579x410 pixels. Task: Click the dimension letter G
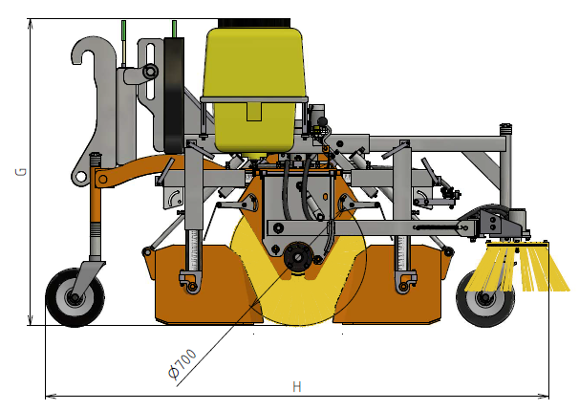pyautogui.click(x=21, y=172)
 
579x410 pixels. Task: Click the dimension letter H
pyautogui.click(x=297, y=387)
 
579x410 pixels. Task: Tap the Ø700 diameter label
pyautogui.click(x=182, y=364)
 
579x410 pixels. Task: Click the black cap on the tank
pyautogui.click(x=254, y=23)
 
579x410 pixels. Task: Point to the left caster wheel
pyautogui.click(x=75, y=297)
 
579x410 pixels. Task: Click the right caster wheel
pyautogui.click(x=484, y=298)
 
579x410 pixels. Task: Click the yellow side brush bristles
pyautogui.click(x=517, y=269)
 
